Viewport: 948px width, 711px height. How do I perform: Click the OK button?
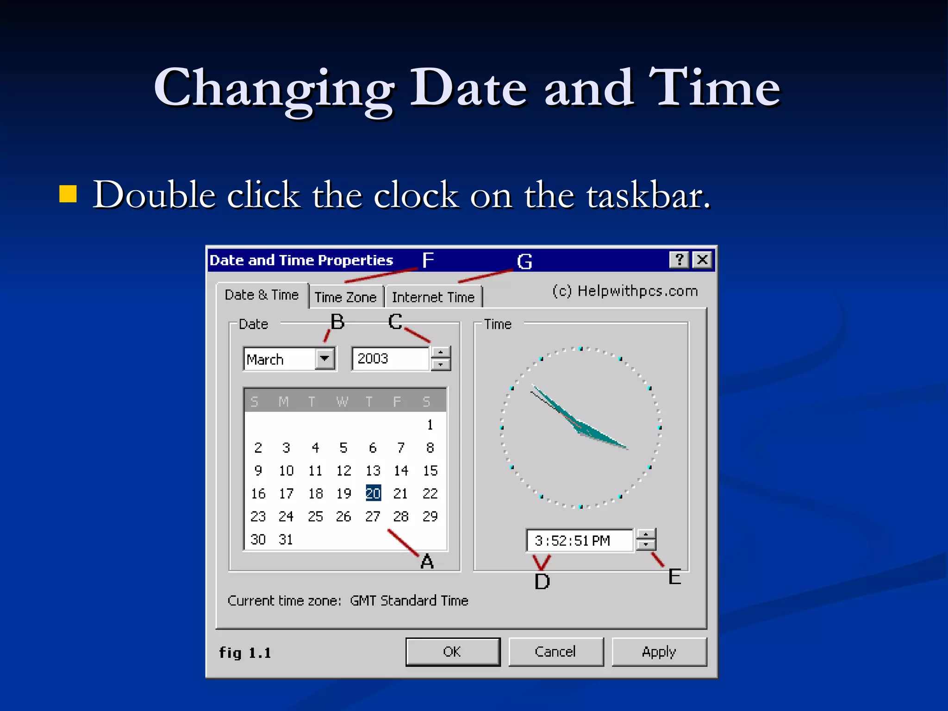(x=452, y=652)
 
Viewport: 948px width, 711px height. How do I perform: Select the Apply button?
(x=659, y=652)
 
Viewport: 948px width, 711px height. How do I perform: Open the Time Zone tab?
(x=346, y=297)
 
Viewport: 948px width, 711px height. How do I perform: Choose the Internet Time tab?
(x=433, y=297)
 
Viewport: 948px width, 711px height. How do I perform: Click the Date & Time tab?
(x=262, y=295)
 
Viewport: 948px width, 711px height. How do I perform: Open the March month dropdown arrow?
(x=325, y=359)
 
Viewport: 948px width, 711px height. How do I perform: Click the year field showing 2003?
(x=390, y=359)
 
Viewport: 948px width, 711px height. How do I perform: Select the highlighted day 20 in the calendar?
(x=373, y=493)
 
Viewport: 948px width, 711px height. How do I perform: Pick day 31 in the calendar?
(x=286, y=539)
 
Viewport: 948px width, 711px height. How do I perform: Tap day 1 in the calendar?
(x=430, y=424)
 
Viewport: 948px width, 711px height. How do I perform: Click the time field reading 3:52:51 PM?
(x=579, y=541)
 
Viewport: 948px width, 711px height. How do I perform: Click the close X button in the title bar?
(x=702, y=260)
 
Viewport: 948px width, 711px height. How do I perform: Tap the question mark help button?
(x=679, y=260)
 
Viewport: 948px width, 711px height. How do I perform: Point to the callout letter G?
(x=524, y=262)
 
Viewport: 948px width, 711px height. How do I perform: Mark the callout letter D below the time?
(x=542, y=581)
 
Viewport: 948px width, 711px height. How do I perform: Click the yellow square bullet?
(x=68, y=194)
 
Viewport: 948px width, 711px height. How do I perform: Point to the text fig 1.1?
(x=245, y=653)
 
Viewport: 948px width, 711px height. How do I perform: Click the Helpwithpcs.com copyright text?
(x=625, y=291)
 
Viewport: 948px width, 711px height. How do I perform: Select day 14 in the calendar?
(x=401, y=471)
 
